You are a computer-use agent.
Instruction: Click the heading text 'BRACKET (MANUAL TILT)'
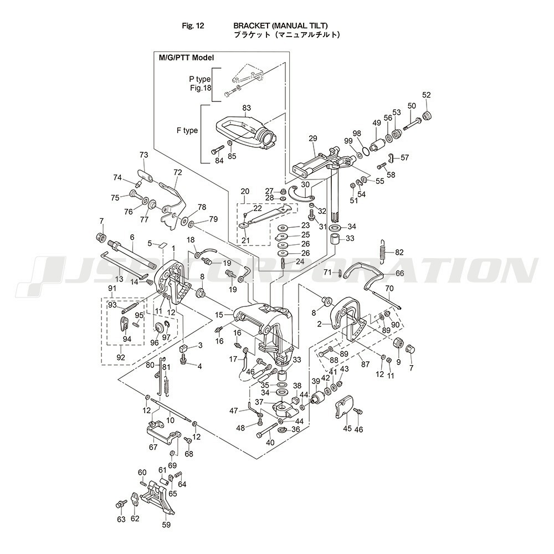pos(280,26)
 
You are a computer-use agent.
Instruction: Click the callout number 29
pos(312,138)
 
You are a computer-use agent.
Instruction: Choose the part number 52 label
pos(426,94)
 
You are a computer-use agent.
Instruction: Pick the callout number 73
pos(144,155)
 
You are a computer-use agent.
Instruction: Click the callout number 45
pos(347,428)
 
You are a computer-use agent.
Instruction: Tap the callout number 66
pos(399,273)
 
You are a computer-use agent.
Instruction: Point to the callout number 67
pos(153,447)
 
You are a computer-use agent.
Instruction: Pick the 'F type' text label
pos(187,131)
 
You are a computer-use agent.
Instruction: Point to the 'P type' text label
pos(200,79)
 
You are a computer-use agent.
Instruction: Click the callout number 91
pos(112,288)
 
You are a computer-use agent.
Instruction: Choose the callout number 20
pos(245,191)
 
